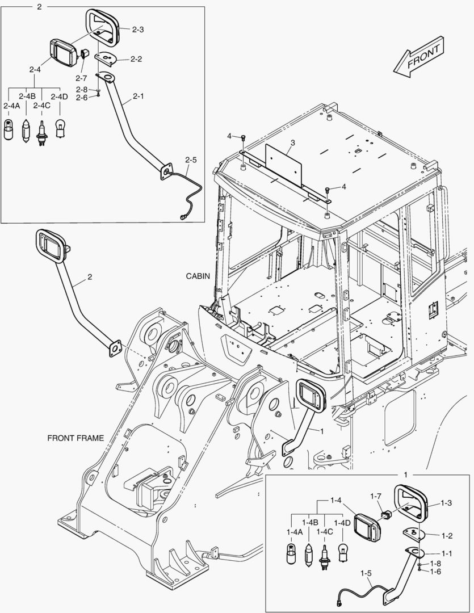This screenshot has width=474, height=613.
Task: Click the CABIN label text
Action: point(198,276)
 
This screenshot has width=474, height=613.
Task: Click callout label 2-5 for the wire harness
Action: point(191,160)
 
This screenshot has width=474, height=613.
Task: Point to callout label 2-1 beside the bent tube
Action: point(138,96)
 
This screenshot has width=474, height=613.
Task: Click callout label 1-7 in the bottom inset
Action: point(376,496)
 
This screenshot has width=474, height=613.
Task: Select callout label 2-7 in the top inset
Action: point(81,77)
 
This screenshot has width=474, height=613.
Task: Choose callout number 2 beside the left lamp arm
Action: point(89,278)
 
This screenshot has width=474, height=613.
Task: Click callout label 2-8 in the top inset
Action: point(82,90)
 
